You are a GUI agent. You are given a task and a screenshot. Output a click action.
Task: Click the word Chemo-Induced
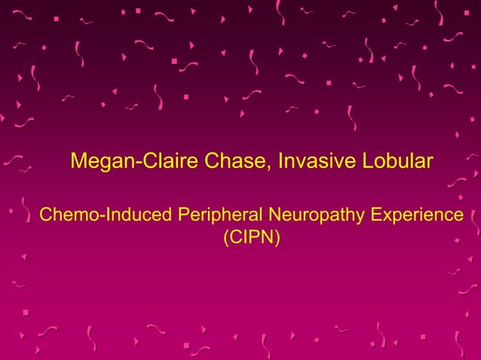106,215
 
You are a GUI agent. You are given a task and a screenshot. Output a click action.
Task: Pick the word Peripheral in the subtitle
217,215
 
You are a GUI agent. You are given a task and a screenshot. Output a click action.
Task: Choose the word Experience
416,215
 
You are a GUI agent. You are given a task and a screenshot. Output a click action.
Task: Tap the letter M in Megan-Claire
78,161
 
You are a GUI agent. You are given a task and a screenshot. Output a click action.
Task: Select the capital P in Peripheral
183,215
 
